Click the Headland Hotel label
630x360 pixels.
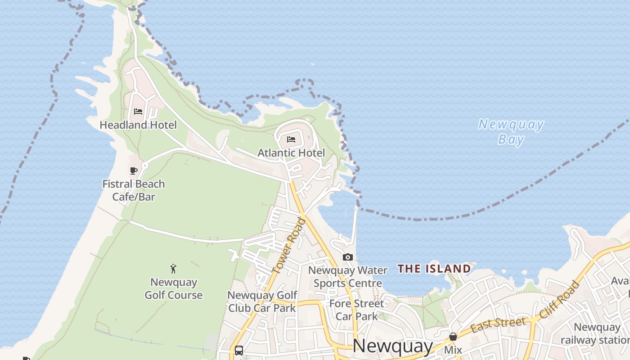click(x=138, y=125)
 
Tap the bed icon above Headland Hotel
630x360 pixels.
click(x=138, y=112)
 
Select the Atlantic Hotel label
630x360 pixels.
click(x=291, y=153)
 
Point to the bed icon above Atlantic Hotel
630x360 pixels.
click(x=291, y=139)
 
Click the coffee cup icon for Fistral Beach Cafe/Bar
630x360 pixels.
click(x=133, y=171)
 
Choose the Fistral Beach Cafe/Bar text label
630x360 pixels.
click(x=134, y=190)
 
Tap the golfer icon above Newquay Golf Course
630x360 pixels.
click(x=173, y=269)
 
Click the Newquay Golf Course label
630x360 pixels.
click(x=174, y=289)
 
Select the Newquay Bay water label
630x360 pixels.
click(x=511, y=131)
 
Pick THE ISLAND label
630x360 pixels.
click(x=434, y=269)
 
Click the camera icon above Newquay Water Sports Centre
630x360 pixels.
click(x=347, y=257)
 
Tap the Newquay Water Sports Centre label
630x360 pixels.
click(x=348, y=277)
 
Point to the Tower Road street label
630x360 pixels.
click(x=288, y=246)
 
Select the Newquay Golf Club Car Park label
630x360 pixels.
click(x=262, y=301)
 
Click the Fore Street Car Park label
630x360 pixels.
click(x=357, y=310)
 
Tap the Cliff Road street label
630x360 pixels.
click(x=559, y=299)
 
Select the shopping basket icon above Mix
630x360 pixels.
click(x=453, y=337)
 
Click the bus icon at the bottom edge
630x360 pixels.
click(x=239, y=351)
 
